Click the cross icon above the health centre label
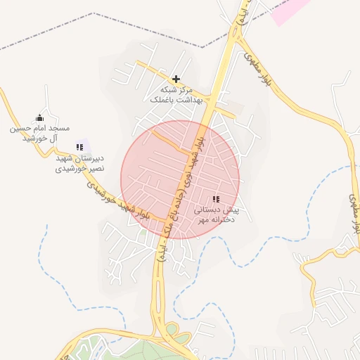[176, 79]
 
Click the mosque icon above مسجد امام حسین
[39, 117]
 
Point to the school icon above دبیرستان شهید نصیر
[79, 147]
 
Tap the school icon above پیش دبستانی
[216, 199]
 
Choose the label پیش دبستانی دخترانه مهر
[217, 215]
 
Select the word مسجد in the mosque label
[58, 128]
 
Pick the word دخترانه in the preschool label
[216, 220]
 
